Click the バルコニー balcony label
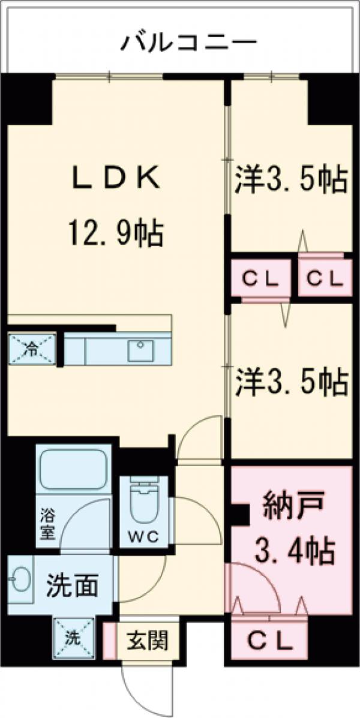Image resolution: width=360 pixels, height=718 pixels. [189, 43]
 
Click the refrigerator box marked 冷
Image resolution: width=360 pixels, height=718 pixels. [31, 348]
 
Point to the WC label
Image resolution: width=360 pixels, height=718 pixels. [143, 537]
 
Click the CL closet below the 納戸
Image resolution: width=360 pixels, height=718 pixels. [271, 641]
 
